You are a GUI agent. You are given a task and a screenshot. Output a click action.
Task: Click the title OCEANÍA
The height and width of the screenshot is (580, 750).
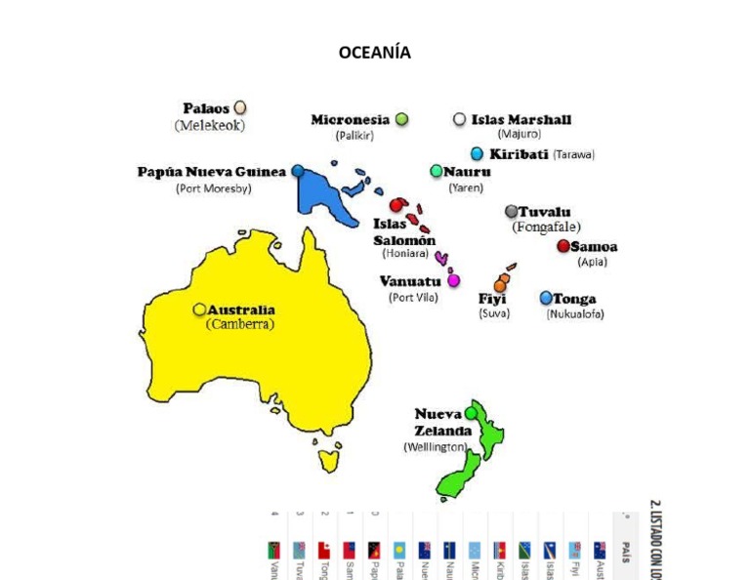point(374,53)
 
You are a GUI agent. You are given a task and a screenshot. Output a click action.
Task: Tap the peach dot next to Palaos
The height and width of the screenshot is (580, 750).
point(240,108)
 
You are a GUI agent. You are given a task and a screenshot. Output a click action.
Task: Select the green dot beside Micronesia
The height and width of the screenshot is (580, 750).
point(401,119)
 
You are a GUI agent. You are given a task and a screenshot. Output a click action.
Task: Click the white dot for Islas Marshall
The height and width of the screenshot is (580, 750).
point(459,119)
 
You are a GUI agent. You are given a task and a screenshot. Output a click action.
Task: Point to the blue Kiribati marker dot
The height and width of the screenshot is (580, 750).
point(477,153)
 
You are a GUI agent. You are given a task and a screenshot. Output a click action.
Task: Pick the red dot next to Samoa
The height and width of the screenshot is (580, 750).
point(563,246)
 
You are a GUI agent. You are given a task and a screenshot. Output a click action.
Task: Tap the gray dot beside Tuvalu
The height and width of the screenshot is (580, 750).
point(511,211)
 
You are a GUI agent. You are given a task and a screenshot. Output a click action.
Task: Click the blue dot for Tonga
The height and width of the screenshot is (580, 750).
point(546,298)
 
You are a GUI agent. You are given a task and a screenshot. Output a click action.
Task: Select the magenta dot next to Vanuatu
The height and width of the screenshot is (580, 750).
point(453,280)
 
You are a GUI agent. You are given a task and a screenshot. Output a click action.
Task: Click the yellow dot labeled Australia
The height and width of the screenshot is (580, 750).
point(199,310)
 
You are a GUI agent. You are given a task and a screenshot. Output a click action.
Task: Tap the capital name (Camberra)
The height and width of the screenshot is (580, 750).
point(240,324)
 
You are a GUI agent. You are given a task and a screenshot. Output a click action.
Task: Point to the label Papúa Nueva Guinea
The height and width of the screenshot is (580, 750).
point(212,172)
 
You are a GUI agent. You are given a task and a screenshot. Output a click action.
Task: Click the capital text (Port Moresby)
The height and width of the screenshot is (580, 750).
point(213,188)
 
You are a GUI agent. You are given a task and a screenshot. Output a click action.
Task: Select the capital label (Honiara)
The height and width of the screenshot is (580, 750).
point(405,253)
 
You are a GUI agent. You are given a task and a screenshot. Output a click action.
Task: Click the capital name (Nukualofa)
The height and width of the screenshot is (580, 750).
point(575,314)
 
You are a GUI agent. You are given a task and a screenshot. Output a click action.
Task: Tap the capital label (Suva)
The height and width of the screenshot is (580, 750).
point(494,313)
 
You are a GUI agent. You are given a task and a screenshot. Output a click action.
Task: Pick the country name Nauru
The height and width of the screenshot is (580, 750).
point(467,172)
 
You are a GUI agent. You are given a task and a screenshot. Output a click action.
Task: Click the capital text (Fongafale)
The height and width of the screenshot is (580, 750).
point(546,228)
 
